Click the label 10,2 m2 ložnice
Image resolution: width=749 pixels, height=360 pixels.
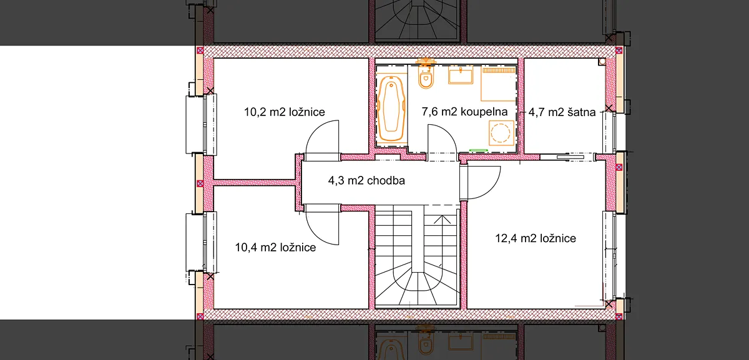[284, 112]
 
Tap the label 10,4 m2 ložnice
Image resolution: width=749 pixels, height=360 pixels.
[275, 247]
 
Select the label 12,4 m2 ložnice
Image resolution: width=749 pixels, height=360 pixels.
[536, 238]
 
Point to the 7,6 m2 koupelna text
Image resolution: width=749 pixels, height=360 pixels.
[464, 112]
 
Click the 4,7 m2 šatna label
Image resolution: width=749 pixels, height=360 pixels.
[562, 112]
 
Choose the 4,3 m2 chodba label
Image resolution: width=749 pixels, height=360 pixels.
[366, 180]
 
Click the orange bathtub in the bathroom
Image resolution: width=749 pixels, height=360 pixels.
[391, 109]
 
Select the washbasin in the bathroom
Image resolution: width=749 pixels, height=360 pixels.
[461, 75]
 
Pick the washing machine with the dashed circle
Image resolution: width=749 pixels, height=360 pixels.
[501, 133]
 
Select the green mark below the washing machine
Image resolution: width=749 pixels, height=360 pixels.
[479, 150]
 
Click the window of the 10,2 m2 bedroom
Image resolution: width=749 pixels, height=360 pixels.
[201, 124]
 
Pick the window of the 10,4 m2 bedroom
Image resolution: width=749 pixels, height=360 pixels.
[201, 241]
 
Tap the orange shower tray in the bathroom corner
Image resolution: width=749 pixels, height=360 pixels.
[498, 84]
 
